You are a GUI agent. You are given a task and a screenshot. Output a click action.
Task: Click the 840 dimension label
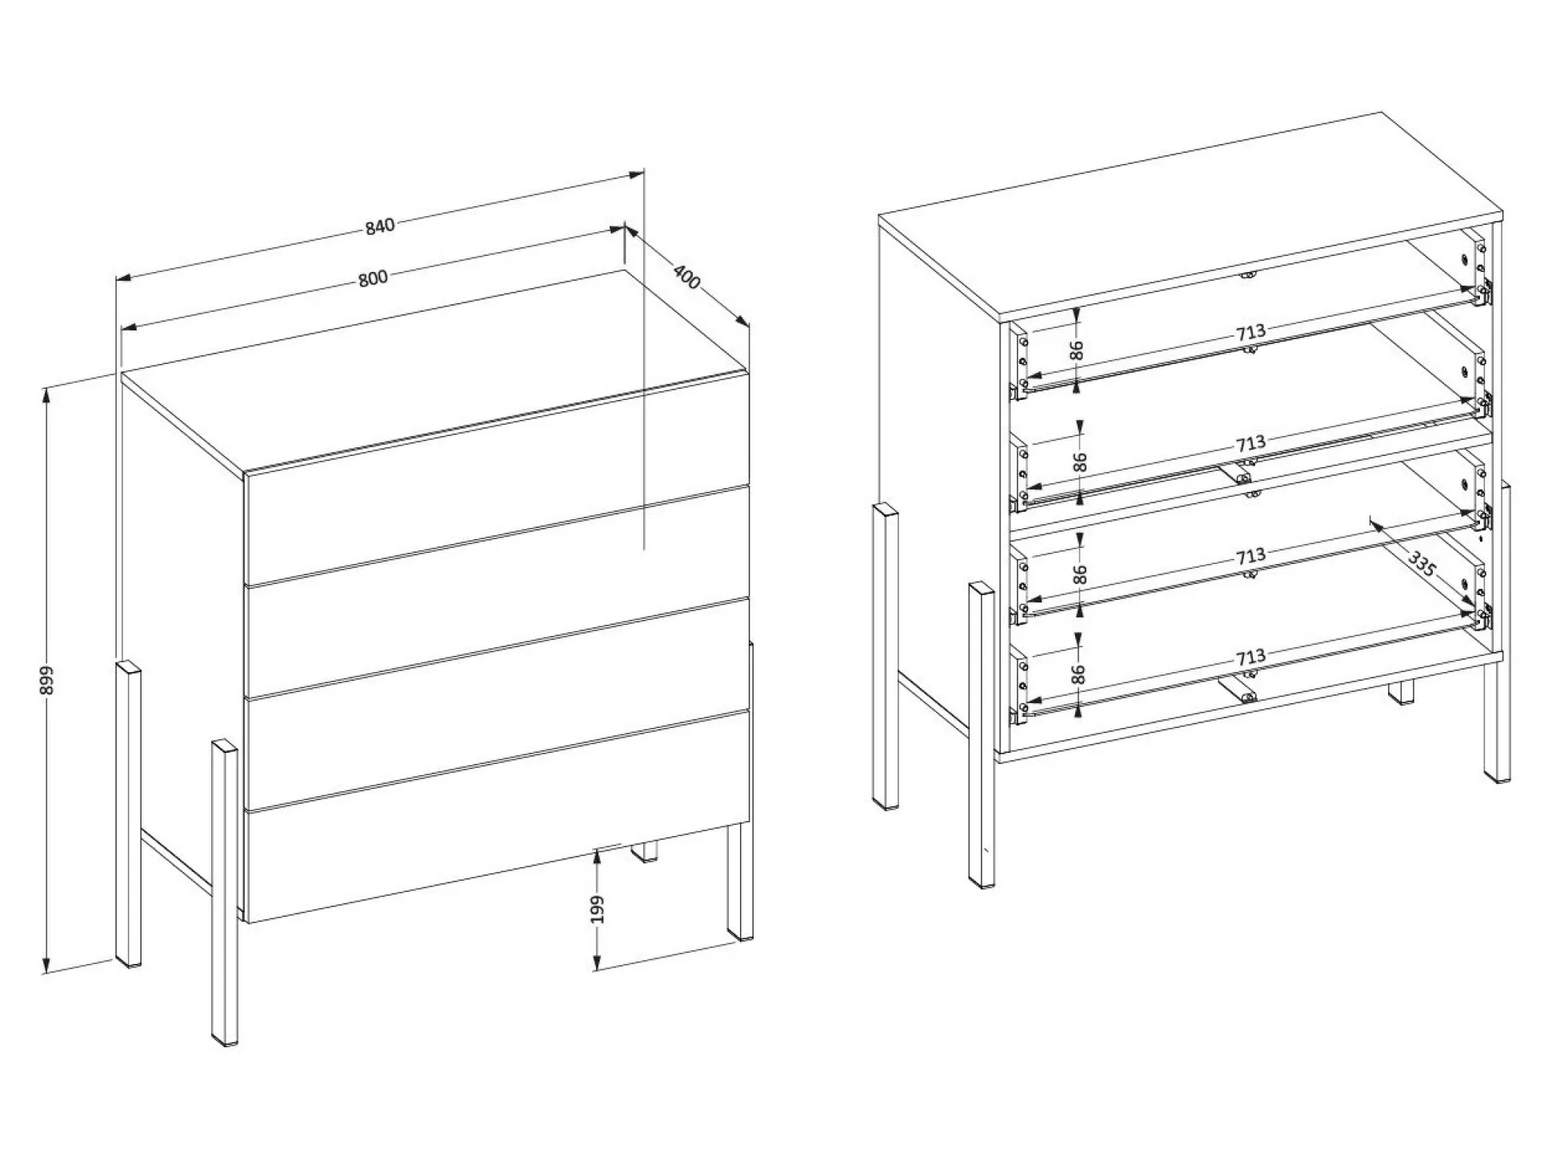click(381, 226)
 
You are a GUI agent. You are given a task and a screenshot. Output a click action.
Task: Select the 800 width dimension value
click(373, 278)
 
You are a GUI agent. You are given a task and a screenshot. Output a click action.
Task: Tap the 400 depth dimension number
click(686, 277)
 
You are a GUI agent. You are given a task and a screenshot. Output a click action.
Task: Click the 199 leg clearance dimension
click(598, 910)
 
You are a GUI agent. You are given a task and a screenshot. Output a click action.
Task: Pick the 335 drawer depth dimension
click(1422, 565)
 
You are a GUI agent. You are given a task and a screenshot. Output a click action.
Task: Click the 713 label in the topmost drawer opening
click(1250, 331)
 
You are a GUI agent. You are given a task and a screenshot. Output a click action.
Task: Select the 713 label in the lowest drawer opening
click(1250, 658)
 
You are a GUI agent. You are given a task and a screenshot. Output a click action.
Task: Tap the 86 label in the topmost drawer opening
click(1077, 350)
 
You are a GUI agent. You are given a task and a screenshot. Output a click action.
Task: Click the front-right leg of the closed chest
click(740, 880)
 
